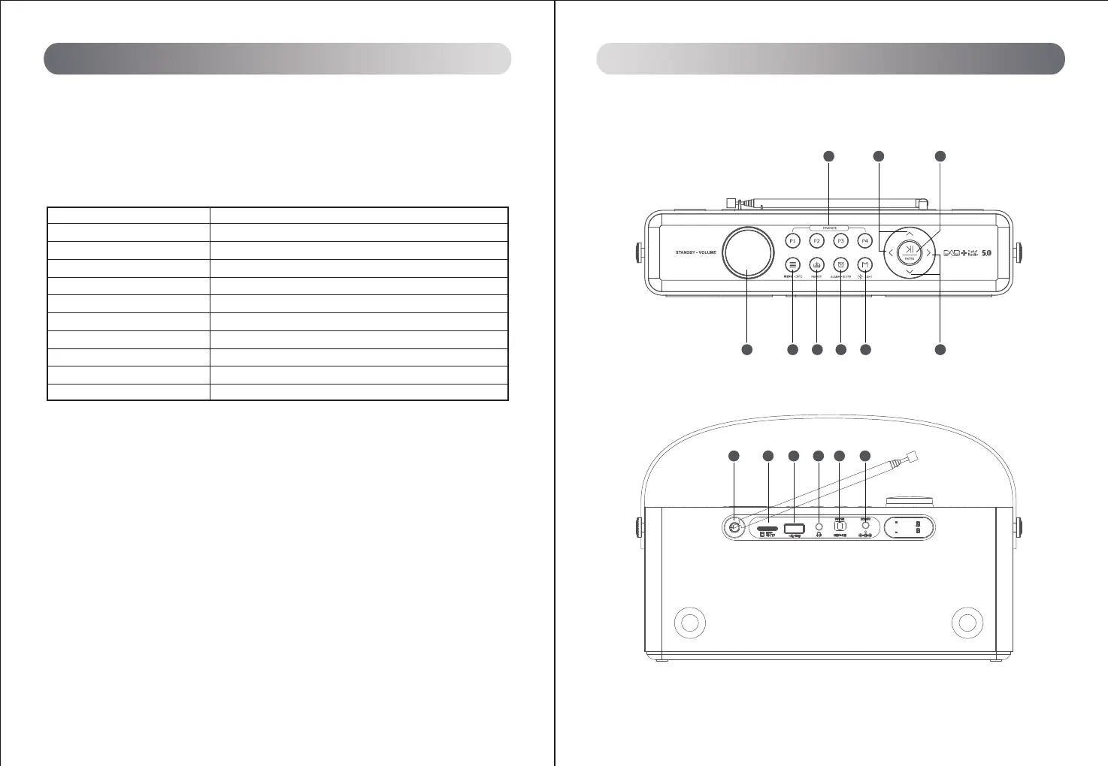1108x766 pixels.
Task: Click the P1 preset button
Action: [x=792, y=241]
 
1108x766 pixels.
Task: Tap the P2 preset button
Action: [x=816, y=241]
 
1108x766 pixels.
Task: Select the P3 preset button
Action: [x=841, y=241]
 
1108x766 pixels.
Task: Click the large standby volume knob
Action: [x=748, y=252]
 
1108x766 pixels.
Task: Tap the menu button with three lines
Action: [x=792, y=264]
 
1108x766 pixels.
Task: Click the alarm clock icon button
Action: [x=841, y=264]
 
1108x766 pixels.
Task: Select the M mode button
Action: [x=865, y=264]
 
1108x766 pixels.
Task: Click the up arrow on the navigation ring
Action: [x=910, y=234]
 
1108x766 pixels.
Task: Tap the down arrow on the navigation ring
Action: [x=910, y=272]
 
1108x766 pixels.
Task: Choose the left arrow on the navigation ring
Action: [x=891, y=253]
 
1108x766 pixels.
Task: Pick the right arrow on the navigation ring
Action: [x=929, y=253]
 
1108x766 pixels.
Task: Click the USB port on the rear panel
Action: [x=795, y=528]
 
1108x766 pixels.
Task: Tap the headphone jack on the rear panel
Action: [x=819, y=528]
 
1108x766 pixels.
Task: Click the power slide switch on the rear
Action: [x=840, y=526]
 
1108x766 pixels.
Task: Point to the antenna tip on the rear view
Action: [x=914, y=455]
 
